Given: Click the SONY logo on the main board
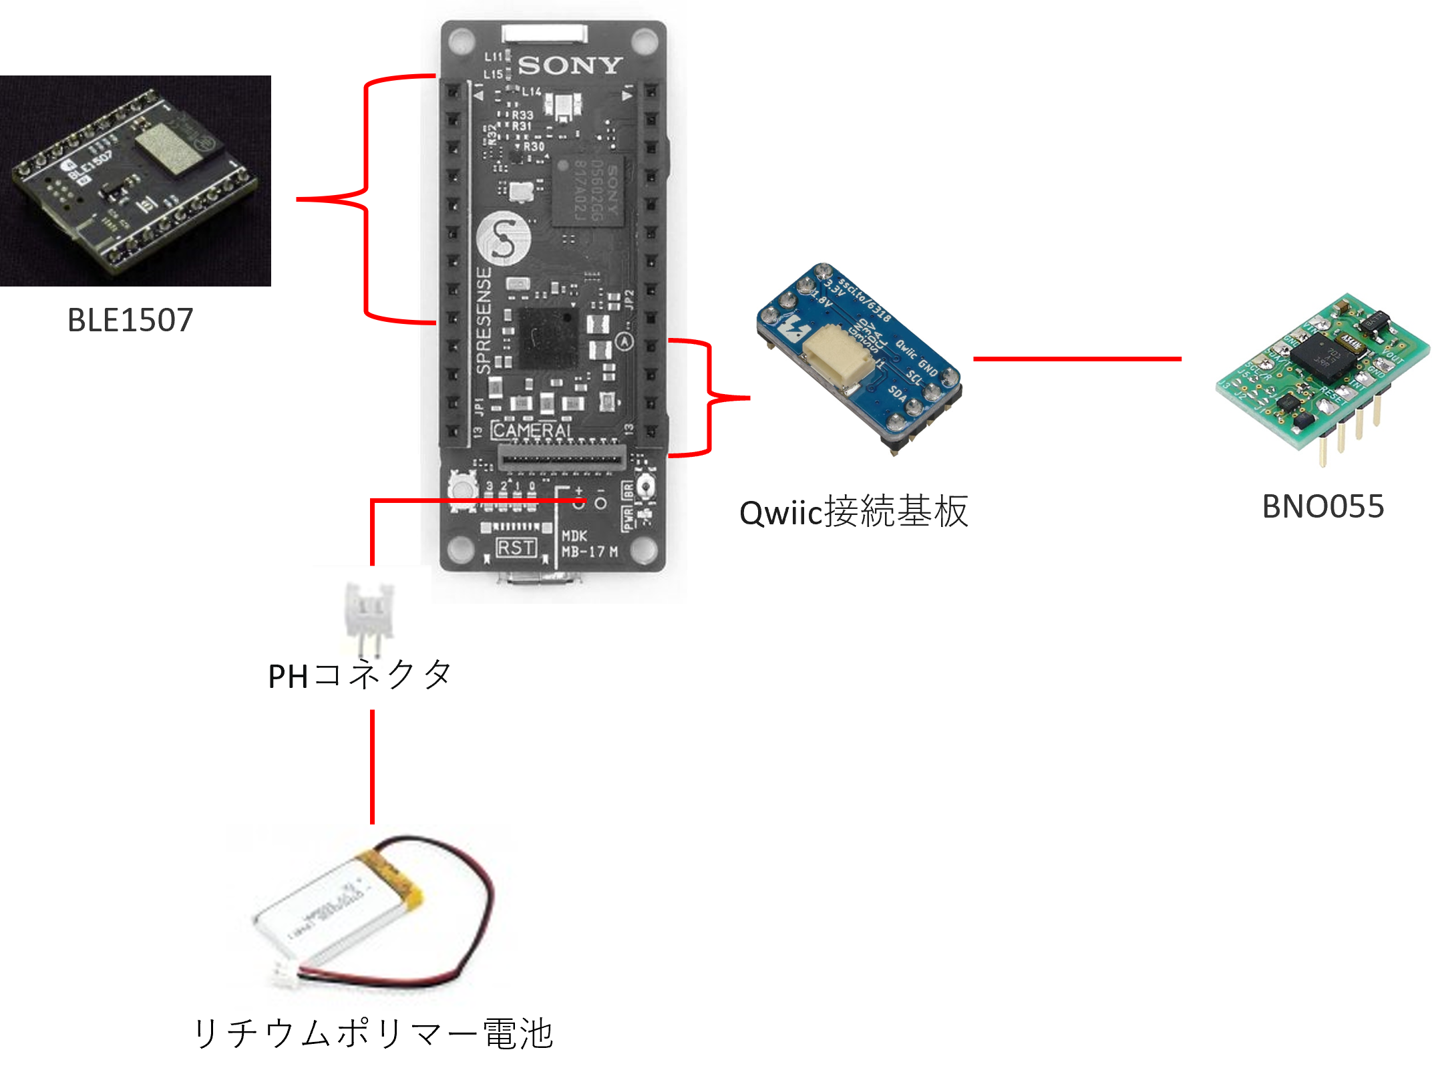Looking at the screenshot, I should pyautogui.click(x=570, y=65).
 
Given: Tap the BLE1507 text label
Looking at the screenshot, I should pyautogui.click(x=131, y=320).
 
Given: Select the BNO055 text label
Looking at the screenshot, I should pyautogui.click(x=1323, y=506).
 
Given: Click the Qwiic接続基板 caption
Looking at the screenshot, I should pyautogui.click(x=854, y=512).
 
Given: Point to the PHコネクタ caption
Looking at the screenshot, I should pyautogui.click(x=359, y=675).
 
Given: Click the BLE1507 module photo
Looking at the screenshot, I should pyautogui.click(x=134, y=180).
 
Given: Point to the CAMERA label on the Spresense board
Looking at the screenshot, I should pyautogui.click(x=532, y=431).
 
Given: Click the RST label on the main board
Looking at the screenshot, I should pyautogui.click(x=516, y=548).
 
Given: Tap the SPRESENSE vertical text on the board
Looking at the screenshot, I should pyautogui.click(x=484, y=321).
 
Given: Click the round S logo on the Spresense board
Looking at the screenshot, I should pyautogui.click(x=503, y=238).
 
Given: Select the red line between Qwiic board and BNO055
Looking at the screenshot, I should pyautogui.click(x=1077, y=359).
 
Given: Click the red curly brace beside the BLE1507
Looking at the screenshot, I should pyautogui.click(x=367, y=199).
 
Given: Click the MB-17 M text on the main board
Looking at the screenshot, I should pyautogui.click(x=590, y=552).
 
